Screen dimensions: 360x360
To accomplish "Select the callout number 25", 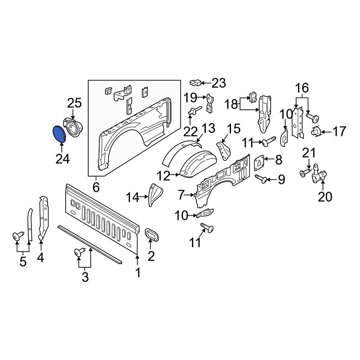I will [x=75, y=103].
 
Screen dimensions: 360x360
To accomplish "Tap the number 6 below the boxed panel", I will [x=96, y=187].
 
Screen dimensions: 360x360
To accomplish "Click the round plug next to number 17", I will [x=316, y=132].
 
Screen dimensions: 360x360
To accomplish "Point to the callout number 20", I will [x=323, y=197].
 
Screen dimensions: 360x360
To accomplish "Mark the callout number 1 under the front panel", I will [x=138, y=273].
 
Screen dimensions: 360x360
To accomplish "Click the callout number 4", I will [x=41, y=258].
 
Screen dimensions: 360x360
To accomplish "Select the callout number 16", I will [x=302, y=87].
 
